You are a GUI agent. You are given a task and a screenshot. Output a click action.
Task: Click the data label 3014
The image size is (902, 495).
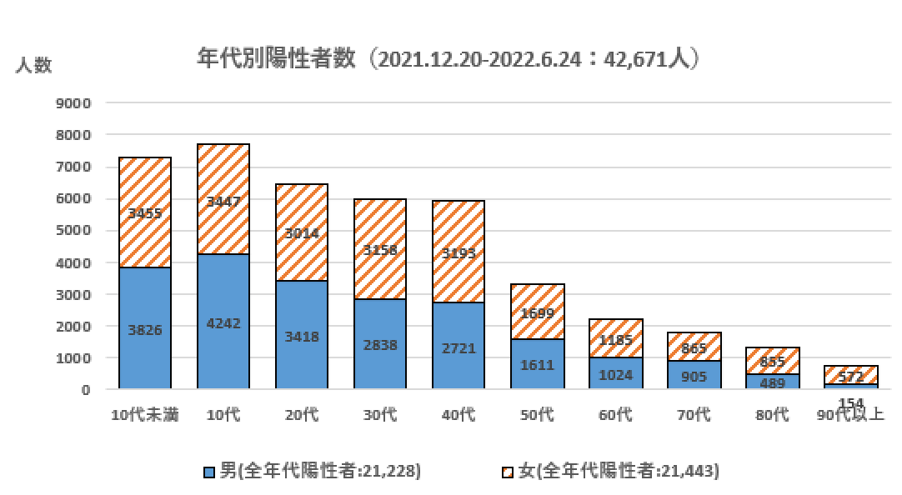pos(301,233)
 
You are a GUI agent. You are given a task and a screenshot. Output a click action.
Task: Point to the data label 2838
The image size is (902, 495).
pos(379,345)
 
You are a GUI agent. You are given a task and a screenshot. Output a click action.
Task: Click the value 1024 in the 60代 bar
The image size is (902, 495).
pos(615,375)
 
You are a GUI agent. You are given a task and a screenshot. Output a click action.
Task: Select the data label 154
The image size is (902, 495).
pos(850,403)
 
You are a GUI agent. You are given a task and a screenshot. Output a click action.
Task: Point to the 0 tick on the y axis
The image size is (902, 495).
pos(85,390)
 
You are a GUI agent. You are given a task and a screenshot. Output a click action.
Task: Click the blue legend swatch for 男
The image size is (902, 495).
pos(209,472)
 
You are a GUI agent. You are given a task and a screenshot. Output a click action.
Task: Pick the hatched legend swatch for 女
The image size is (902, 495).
pos(508,472)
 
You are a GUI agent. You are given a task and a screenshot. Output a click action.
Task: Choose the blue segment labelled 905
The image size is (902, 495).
pos(694,377)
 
